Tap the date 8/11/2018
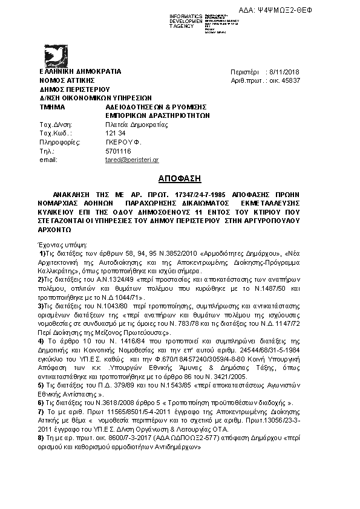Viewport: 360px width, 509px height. (292, 72)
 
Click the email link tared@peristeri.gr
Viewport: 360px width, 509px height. (132, 160)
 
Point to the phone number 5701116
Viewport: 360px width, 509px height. (118, 151)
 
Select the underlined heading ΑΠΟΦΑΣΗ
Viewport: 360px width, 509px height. (180, 179)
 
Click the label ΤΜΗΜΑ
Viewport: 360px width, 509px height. (52, 105)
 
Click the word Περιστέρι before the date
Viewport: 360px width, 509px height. (244, 72)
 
